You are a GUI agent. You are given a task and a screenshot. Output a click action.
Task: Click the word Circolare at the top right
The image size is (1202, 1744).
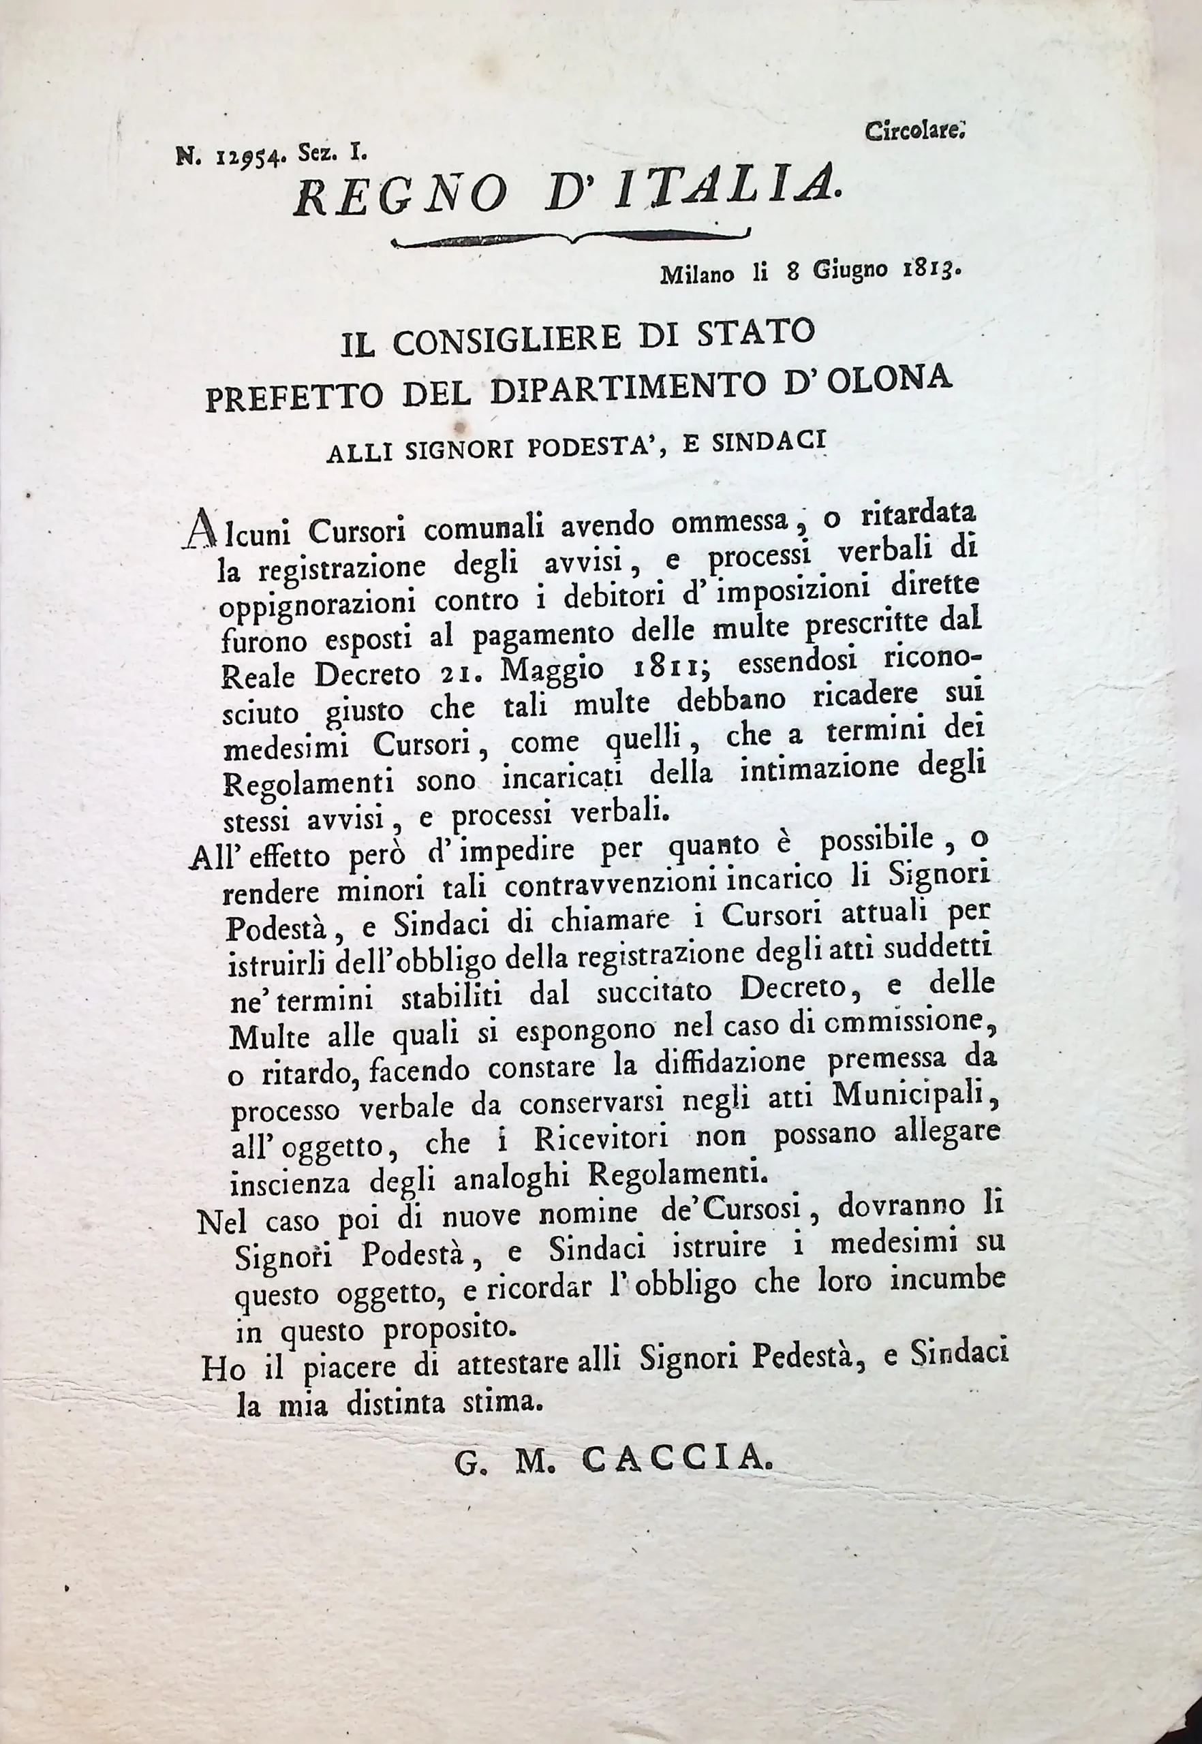914,133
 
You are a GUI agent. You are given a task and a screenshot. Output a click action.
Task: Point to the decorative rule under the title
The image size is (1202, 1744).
571,240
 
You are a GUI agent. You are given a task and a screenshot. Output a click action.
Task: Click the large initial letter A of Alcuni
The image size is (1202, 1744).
199,529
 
